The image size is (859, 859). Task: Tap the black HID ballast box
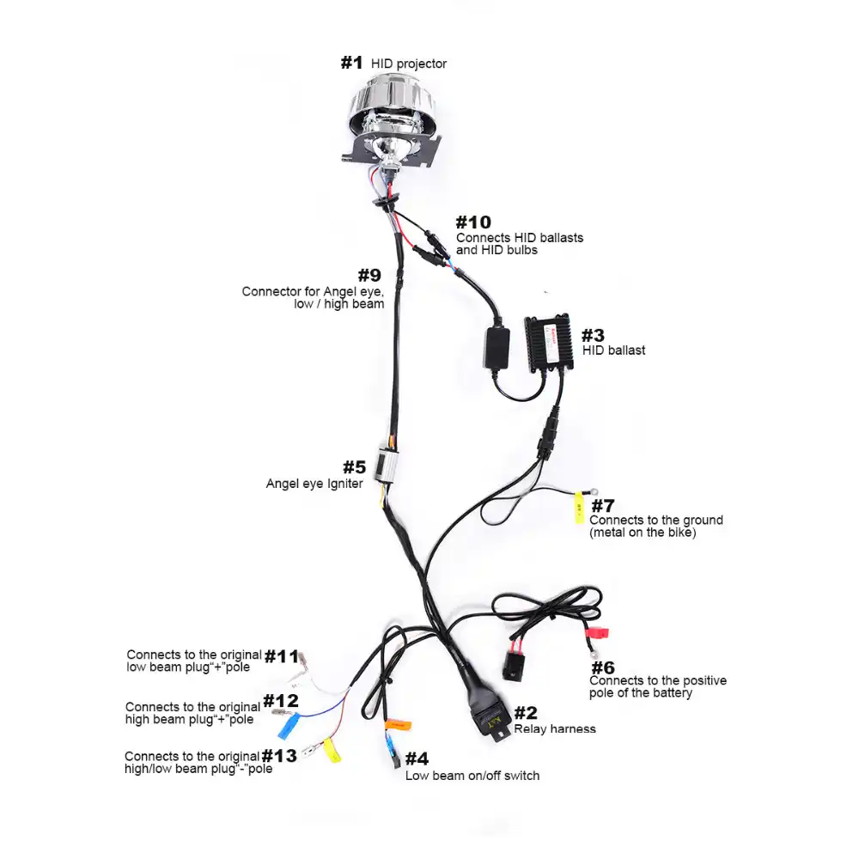(550, 349)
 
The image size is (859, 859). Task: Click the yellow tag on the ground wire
(579, 509)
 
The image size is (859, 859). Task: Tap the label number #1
(352, 63)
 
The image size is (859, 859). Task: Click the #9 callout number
(369, 276)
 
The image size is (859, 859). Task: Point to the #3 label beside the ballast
(593, 334)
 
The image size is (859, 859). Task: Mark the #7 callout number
(603, 505)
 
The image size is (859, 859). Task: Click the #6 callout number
(603, 667)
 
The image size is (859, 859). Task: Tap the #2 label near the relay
(526, 712)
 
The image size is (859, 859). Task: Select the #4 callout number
(417, 758)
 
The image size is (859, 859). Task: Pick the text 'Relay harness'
(555, 729)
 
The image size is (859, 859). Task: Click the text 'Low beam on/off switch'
(472, 776)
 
